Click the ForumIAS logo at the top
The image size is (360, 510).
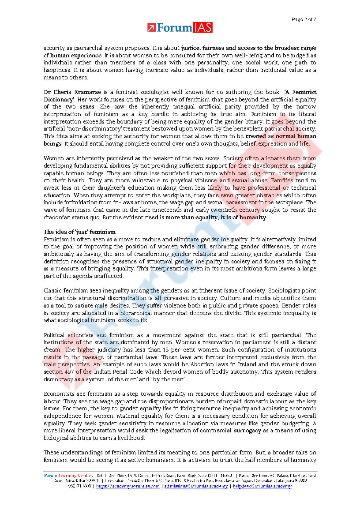pos(180,27)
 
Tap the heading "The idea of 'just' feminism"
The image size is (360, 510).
pos(79,232)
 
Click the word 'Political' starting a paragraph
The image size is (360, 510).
pos(55,335)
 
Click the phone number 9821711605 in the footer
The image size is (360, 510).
pos(79,486)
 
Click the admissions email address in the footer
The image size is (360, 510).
pos(196,486)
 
